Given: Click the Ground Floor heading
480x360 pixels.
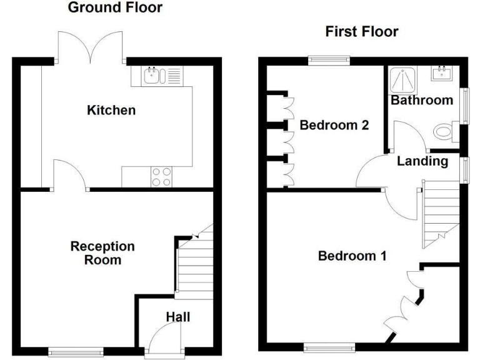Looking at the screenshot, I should coord(114,8).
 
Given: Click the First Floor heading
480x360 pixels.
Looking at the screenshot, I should coord(361,32).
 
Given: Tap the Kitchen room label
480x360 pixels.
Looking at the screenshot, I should coord(111,111).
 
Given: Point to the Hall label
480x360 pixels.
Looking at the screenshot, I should coord(177,317).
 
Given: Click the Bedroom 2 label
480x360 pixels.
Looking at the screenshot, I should coord(334,125).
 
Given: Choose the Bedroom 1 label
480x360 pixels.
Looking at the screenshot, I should coord(352,256).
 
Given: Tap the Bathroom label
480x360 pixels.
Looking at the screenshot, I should coord(421,101).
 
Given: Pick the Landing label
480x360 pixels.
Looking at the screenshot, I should coord(422,161).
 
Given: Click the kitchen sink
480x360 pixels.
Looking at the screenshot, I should coord(152,77).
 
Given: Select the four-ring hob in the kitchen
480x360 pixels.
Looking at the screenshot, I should coord(161,177).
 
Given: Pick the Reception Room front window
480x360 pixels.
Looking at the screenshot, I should coord(77,351).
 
